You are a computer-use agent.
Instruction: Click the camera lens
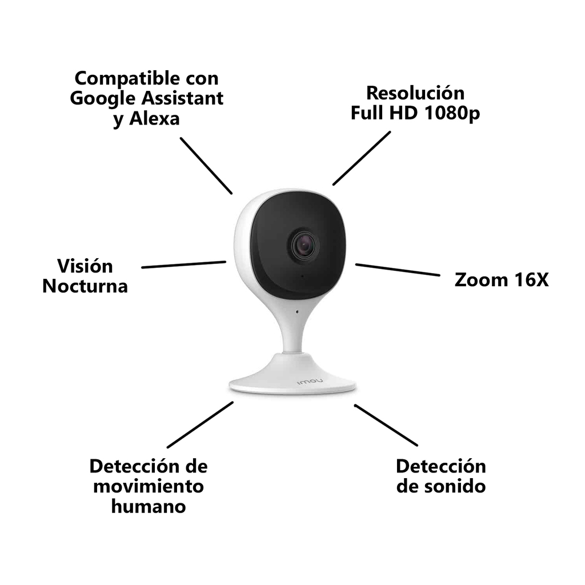point(303,246)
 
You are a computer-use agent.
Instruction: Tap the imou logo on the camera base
point(310,381)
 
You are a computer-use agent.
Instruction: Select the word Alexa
point(154,119)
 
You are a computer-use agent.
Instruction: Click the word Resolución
point(415,93)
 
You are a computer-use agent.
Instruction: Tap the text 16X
point(531,280)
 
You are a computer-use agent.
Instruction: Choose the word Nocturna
point(85,286)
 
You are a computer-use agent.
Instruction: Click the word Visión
point(85,266)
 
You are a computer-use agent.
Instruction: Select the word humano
point(149,506)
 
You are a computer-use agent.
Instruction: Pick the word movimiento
point(149,486)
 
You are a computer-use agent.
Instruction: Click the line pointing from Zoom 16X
point(398,270)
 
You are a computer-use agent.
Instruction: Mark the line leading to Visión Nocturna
point(184,265)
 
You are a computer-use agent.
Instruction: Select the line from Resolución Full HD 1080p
point(362,158)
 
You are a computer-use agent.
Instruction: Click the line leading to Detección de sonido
point(386,425)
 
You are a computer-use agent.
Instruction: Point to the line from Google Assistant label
point(206,166)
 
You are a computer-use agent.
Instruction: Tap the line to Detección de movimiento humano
point(201,424)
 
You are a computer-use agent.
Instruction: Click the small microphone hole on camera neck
point(297,311)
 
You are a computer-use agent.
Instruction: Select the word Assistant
point(182,98)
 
